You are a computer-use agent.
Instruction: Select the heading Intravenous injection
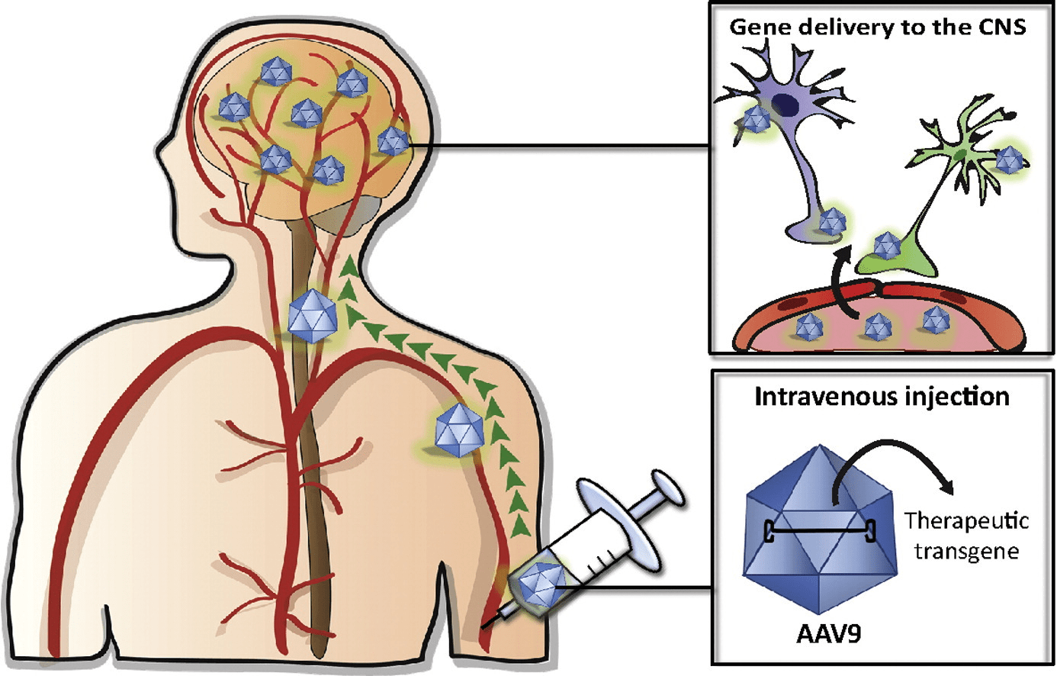882,397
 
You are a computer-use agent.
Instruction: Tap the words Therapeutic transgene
966,536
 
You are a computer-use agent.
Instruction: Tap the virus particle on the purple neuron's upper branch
756,120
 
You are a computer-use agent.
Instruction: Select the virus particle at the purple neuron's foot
830,222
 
